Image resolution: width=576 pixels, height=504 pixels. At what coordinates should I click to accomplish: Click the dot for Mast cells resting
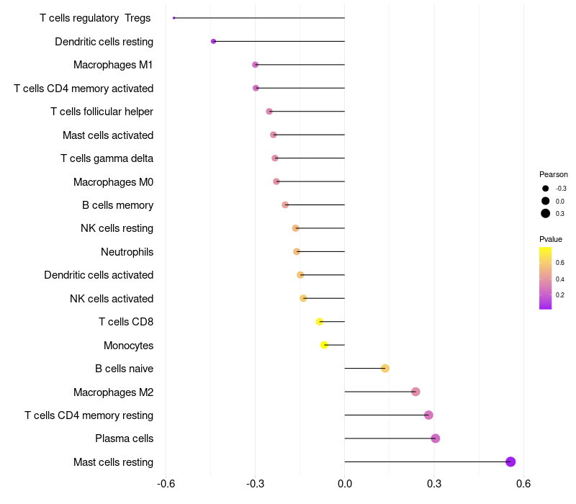(x=510, y=462)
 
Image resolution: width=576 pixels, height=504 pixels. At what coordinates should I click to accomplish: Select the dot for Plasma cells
(x=435, y=438)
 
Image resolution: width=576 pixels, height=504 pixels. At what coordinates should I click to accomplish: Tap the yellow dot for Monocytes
(x=325, y=345)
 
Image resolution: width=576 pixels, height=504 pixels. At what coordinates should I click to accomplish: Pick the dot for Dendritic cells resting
(x=213, y=41)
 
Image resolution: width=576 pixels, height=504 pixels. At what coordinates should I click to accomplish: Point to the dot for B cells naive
(x=385, y=369)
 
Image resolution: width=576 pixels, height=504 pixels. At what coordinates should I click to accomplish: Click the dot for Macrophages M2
(x=415, y=392)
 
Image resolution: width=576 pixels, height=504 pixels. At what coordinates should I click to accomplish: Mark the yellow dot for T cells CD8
(x=320, y=322)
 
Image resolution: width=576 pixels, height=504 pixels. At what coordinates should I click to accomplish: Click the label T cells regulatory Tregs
(x=95, y=18)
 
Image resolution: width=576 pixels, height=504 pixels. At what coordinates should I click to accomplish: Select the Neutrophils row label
(x=127, y=252)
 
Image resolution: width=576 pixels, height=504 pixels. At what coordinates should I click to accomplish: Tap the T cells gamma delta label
(x=107, y=158)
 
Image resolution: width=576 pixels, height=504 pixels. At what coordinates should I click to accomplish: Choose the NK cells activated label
(x=112, y=299)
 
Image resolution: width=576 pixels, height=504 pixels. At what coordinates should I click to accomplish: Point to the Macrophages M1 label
(x=113, y=65)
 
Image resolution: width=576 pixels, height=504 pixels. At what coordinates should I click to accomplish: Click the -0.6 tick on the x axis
(x=166, y=482)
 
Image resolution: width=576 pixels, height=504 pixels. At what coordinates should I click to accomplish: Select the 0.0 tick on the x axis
(x=345, y=482)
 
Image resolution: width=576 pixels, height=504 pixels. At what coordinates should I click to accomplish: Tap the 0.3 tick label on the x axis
(x=434, y=482)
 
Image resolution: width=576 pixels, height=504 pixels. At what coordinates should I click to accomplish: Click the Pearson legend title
(x=553, y=174)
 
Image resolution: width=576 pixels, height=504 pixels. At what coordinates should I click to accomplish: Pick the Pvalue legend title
(x=551, y=239)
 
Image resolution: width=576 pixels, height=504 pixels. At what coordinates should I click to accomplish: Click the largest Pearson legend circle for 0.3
(x=546, y=213)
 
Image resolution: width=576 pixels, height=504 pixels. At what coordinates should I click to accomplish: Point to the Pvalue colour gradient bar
(x=545, y=278)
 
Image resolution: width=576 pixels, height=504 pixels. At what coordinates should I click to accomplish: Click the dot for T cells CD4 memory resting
(x=428, y=415)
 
